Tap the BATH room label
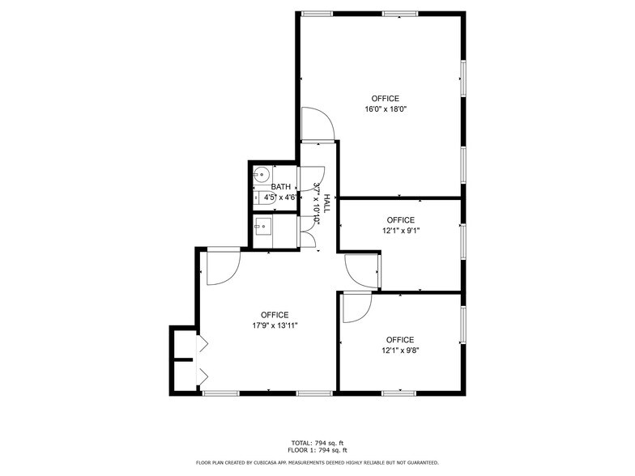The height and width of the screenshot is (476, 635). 281,187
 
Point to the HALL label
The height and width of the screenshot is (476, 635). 327,202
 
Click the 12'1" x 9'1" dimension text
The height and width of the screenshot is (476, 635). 400,231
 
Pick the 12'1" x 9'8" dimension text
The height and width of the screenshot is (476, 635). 400,351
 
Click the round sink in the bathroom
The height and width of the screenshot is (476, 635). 262,174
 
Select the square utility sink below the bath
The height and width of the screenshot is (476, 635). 262,226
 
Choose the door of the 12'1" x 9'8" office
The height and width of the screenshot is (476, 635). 356,308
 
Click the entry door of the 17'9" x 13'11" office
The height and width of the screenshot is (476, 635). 223,266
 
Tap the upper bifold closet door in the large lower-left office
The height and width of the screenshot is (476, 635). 202,343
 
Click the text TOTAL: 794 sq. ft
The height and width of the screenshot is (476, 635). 317,443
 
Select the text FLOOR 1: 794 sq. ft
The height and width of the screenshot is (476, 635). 317,450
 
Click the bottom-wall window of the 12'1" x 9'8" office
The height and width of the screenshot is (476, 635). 399,393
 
